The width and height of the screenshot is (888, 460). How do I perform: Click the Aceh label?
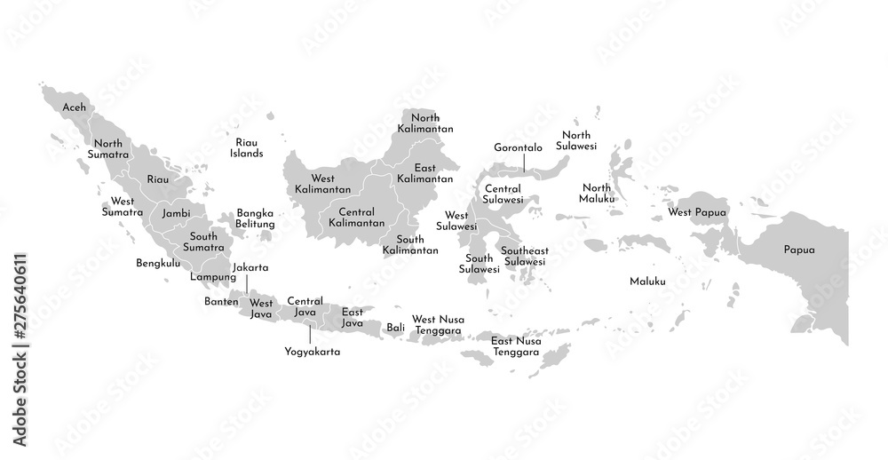point(75,107)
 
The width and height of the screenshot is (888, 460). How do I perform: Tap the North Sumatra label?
point(108,149)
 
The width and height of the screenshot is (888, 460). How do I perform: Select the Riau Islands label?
point(247,147)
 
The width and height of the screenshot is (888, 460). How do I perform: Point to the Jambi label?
point(175,214)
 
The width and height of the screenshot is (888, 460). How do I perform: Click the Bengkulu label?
point(157,264)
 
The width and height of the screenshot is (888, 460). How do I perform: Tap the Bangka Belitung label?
point(255,218)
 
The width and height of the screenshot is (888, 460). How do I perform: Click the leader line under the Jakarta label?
point(246,283)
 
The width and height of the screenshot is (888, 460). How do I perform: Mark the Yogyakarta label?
point(312,352)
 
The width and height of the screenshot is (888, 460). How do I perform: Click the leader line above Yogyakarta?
point(309,334)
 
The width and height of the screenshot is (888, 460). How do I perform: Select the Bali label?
point(395,328)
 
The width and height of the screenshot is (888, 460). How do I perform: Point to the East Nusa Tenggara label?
point(516,346)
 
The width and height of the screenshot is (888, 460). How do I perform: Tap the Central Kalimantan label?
point(355,217)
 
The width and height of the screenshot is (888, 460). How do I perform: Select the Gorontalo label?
point(519,147)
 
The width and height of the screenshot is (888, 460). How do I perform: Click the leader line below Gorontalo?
point(524,163)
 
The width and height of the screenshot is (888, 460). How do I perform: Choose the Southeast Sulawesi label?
point(524,256)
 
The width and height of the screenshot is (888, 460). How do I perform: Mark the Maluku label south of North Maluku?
point(647,282)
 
